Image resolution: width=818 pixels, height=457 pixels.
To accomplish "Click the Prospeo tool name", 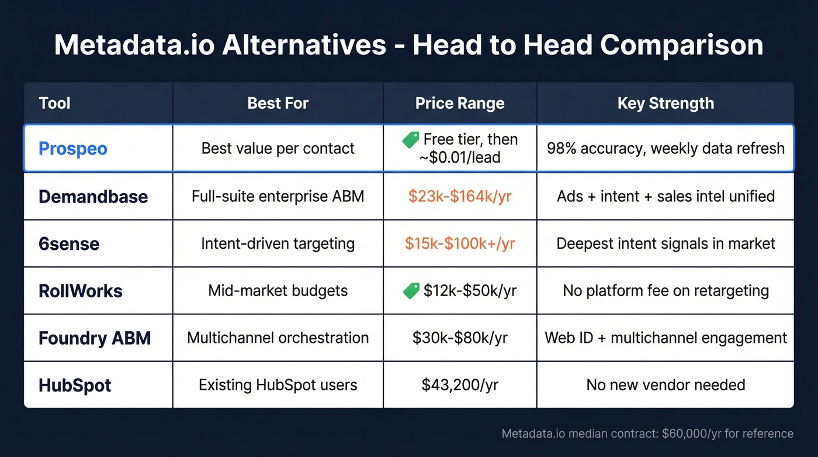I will (x=73, y=149).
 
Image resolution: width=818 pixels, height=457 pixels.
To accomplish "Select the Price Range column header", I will (x=460, y=104).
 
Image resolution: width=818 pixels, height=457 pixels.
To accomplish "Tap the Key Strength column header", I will (x=666, y=104).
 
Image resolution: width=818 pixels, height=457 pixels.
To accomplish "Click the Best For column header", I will (x=278, y=104).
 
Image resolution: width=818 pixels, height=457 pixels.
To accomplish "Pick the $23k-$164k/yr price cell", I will (x=460, y=196).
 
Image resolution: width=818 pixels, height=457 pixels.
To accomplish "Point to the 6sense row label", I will (x=69, y=243).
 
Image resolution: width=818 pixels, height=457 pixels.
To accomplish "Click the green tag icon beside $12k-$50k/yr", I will (x=411, y=290).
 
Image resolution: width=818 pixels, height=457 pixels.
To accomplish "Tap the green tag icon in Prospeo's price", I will (x=411, y=139).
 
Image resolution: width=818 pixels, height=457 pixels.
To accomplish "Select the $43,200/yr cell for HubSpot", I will (x=460, y=385).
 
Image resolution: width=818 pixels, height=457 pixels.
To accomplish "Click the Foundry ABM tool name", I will (x=95, y=338).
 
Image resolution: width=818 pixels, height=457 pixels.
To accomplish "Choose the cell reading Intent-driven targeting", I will (x=278, y=243).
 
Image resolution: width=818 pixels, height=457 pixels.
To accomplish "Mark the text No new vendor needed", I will (x=666, y=385).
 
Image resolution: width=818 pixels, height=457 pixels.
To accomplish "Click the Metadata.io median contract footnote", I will (x=647, y=434).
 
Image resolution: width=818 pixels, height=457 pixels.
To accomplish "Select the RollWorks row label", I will (x=81, y=291).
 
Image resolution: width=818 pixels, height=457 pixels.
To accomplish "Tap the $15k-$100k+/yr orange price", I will (x=460, y=243).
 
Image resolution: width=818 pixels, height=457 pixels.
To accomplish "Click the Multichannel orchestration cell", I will (x=278, y=338).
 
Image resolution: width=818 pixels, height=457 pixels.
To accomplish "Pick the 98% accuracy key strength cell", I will (x=666, y=149).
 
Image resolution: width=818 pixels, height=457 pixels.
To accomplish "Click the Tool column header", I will (x=54, y=104).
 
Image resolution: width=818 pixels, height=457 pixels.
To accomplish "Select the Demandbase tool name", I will (x=93, y=196).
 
